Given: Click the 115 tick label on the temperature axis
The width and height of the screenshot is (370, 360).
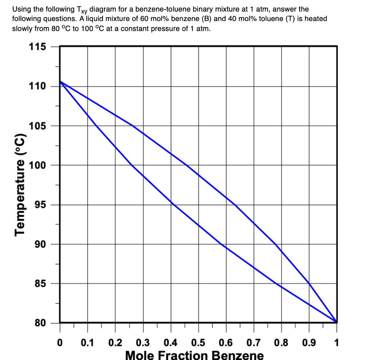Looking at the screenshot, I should click(x=37, y=47).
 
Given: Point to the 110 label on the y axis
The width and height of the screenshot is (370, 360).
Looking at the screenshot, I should click(x=37, y=86).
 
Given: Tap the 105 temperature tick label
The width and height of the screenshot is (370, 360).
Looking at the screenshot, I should click(x=37, y=126).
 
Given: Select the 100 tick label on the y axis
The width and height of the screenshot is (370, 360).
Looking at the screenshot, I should click(x=37, y=166).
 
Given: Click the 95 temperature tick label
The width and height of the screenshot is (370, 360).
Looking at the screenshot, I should click(x=40, y=205).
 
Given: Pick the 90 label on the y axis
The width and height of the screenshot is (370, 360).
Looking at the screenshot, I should click(x=40, y=244).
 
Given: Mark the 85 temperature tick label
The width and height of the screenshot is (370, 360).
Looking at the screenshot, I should click(x=40, y=284).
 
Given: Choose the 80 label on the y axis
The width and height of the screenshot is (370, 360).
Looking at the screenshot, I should click(x=40, y=323).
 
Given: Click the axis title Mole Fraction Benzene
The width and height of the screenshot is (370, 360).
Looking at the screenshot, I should click(x=194, y=355).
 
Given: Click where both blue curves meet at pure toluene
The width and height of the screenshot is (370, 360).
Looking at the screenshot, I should click(x=60, y=82).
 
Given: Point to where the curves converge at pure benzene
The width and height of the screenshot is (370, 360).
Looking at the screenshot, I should click(x=336, y=322).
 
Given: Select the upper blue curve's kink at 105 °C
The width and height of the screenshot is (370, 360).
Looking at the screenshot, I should click(x=133, y=126).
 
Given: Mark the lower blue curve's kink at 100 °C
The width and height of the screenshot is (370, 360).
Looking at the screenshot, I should click(x=132, y=165).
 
